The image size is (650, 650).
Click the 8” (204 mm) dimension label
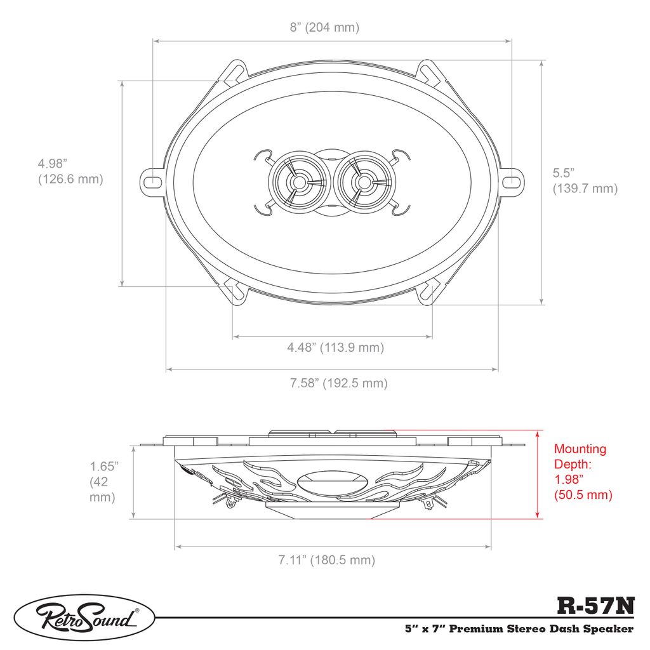(324, 27)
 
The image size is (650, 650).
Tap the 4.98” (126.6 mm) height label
(70, 171)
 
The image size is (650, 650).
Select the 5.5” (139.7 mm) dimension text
(585, 180)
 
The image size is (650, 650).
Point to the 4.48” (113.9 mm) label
(335, 347)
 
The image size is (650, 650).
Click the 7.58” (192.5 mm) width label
(339, 383)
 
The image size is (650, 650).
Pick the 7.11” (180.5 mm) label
(327, 560)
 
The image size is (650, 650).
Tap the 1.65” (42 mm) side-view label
(103, 482)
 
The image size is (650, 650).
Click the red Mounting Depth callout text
(583, 472)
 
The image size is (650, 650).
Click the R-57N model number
(595, 606)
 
